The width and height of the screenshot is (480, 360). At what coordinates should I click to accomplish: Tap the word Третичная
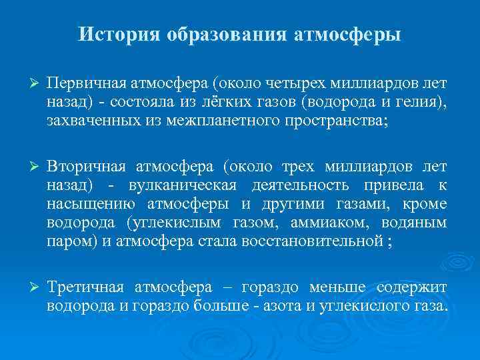85,287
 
